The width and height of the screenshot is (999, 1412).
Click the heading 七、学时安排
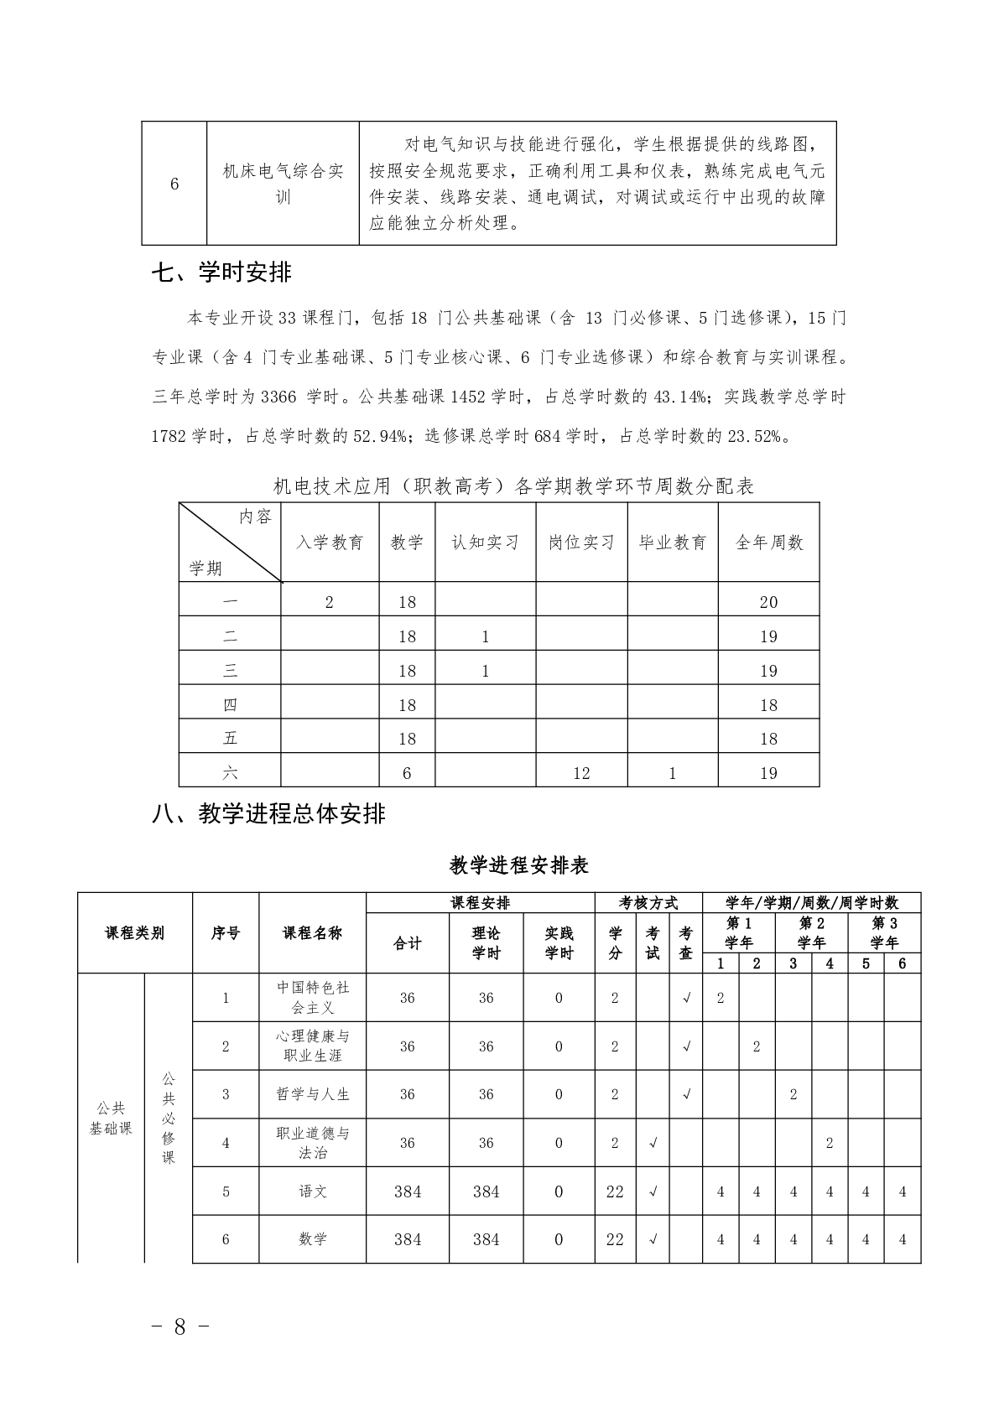(x=222, y=273)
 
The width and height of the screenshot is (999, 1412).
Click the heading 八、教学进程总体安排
(x=269, y=813)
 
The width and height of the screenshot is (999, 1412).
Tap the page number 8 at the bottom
(x=180, y=1326)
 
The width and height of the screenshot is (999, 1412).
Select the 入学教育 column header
(x=330, y=542)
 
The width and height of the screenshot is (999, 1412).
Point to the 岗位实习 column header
(x=581, y=542)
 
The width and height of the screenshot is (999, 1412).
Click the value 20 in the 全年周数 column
(x=768, y=602)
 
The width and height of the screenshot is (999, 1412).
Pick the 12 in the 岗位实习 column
(x=581, y=773)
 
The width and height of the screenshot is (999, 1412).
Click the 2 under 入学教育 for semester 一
(x=330, y=602)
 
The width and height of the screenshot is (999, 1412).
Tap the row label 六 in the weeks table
(x=230, y=773)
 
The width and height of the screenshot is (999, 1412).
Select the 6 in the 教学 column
(x=407, y=773)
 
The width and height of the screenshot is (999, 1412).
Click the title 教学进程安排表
(x=519, y=865)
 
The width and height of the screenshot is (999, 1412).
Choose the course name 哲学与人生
(x=313, y=1094)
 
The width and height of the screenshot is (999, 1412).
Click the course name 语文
(x=313, y=1191)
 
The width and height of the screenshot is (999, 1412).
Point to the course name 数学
(x=313, y=1239)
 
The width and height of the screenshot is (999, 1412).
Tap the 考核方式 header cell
(x=648, y=903)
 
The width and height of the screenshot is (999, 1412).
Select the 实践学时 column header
(x=559, y=943)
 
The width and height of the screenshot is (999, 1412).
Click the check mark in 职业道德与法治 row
(x=653, y=1143)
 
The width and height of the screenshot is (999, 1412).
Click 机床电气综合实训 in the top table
(x=284, y=184)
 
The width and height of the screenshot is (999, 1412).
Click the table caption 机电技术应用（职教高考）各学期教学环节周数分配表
(x=514, y=486)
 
